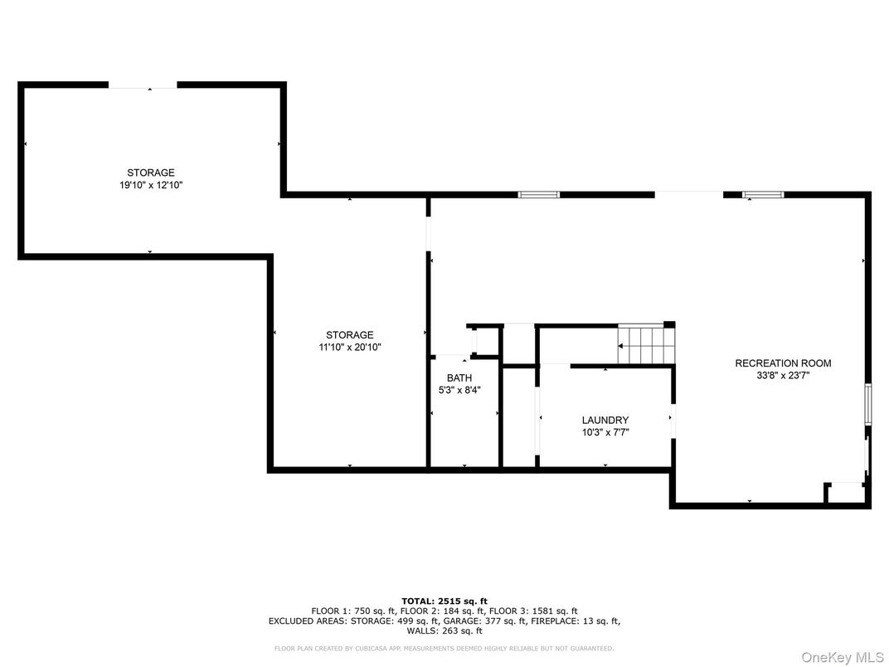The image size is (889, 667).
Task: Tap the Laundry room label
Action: [605, 421]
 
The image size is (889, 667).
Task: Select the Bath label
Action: [459, 378]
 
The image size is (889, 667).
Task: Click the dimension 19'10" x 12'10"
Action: [150, 186]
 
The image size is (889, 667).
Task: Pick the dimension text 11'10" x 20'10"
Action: [349, 348]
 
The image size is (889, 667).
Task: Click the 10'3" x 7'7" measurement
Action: [605, 432]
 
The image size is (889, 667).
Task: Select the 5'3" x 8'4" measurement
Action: [459, 390]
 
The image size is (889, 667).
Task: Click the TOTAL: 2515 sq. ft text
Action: [444, 601]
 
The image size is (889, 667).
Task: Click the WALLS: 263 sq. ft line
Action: [444, 630]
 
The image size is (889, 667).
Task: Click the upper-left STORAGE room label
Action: [150, 173]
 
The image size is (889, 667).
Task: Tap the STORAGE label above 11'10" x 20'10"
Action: [349, 335]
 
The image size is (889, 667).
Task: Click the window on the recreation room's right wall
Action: [868, 404]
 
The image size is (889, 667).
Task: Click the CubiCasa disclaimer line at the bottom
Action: [444, 648]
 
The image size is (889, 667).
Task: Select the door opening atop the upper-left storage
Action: [143, 85]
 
